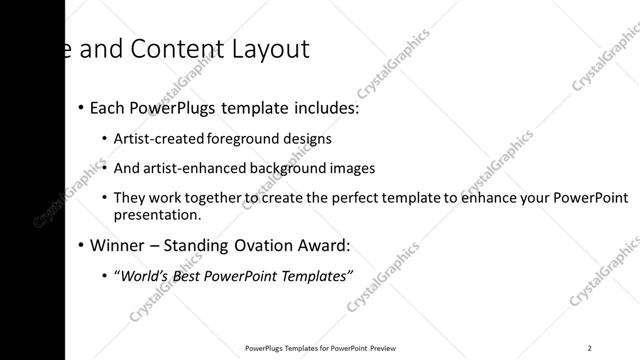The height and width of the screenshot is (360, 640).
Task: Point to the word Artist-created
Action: click(x=159, y=139)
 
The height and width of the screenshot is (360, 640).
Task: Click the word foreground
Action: click(x=241, y=139)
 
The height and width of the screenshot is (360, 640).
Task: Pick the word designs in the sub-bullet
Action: click(x=305, y=139)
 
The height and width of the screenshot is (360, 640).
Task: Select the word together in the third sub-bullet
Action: click(x=210, y=198)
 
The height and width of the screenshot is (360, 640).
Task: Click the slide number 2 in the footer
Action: click(x=590, y=348)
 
